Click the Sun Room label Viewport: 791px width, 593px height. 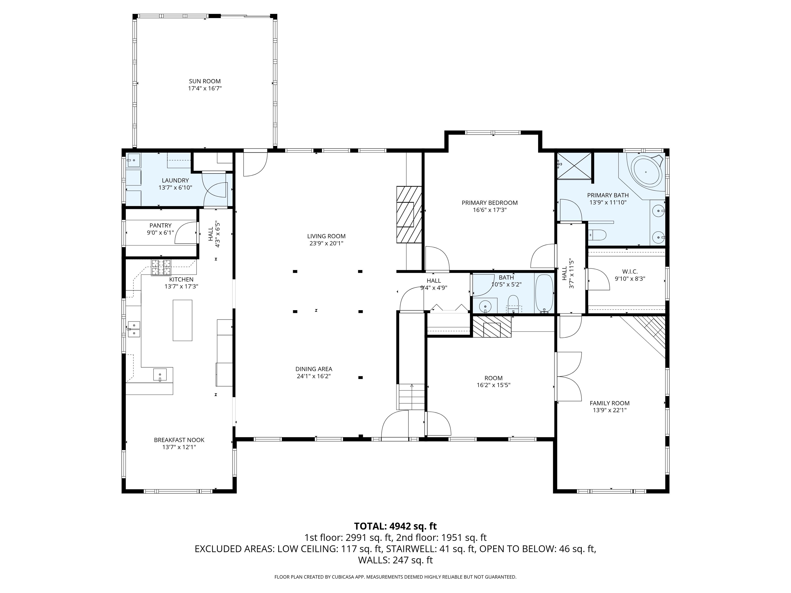tap(204, 81)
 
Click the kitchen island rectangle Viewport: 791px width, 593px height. tap(182, 320)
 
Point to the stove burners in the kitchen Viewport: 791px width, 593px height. tap(161, 268)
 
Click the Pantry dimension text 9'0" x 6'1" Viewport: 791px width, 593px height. tap(160, 233)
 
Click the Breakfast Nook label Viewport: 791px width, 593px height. tap(179, 440)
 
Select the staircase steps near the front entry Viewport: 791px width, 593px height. tap(411, 397)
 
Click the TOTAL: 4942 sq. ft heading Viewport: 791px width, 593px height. tap(395, 526)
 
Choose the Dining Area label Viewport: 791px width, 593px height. tap(314, 369)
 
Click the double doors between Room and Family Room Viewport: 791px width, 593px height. tap(568, 376)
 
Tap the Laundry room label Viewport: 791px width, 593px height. tap(175, 180)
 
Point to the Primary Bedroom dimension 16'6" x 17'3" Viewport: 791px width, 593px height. tap(489, 210)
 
